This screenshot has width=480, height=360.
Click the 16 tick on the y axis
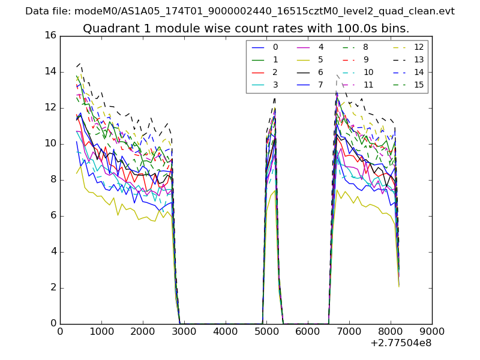(50, 35)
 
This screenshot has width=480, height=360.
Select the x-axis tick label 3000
(184, 331)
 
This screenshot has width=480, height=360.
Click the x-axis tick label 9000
(432, 331)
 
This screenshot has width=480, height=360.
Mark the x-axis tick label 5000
(267, 331)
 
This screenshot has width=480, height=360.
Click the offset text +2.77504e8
(402, 343)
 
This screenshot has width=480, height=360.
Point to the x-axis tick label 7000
(349, 331)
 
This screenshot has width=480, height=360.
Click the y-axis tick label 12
(50, 107)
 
